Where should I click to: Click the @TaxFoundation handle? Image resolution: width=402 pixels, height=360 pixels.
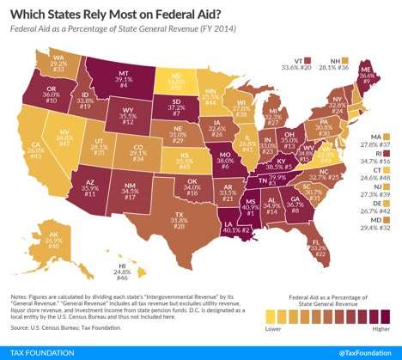point(362,350)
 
